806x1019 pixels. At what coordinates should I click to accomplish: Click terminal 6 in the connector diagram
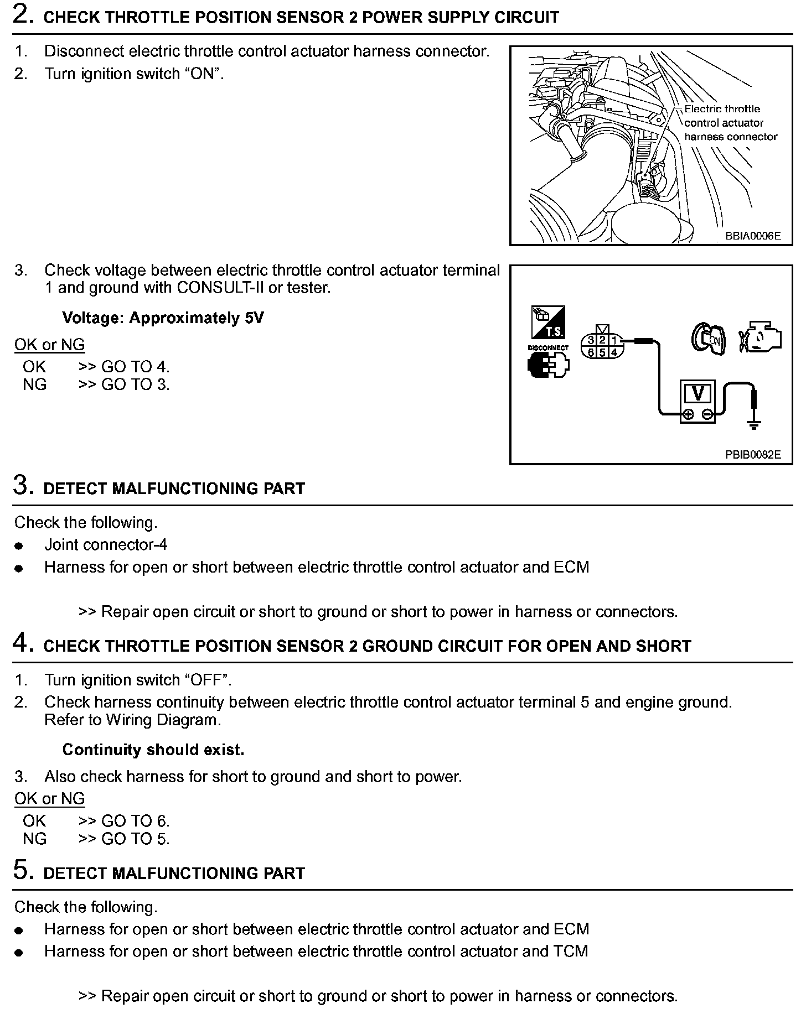pos(591,352)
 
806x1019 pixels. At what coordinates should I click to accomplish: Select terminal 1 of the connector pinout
pos(613,340)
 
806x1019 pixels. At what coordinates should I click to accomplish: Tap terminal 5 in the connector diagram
pos(602,352)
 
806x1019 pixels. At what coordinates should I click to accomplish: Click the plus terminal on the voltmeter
pos(689,414)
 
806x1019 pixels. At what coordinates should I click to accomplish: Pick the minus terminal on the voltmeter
pos(707,414)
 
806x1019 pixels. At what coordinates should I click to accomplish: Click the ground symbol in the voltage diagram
pos(753,425)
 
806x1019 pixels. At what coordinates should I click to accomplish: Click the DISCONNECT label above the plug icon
pos(548,348)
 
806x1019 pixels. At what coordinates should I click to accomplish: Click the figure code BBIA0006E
pos(753,236)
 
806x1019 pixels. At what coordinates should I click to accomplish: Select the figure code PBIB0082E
pos(753,455)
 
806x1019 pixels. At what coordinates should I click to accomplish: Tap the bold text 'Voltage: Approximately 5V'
pos(163,318)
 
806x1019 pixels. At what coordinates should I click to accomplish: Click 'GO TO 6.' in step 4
pos(135,821)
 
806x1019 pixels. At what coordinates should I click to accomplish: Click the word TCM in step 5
pos(571,951)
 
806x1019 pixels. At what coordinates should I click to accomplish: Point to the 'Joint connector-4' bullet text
pos(106,545)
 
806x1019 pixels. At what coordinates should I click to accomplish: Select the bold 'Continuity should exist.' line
pos(153,750)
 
